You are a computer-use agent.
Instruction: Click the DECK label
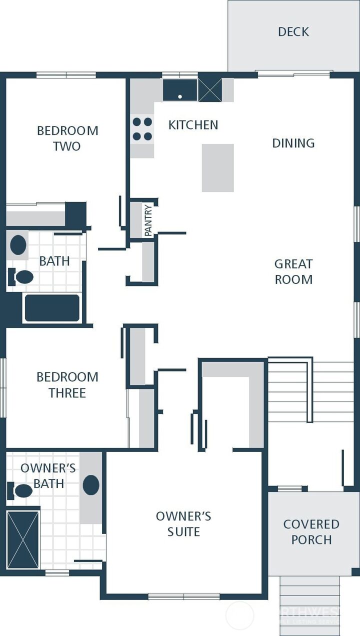(x=293, y=32)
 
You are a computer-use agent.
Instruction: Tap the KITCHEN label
(x=193, y=125)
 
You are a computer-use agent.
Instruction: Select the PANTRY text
(x=148, y=220)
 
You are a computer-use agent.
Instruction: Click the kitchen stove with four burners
(x=142, y=129)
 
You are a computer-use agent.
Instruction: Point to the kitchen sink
(x=180, y=90)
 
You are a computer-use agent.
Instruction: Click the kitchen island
(x=218, y=168)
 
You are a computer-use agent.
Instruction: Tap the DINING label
(x=293, y=143)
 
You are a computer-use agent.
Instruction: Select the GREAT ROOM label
(x=293, y=271)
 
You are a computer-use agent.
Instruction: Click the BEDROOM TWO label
(x=67, y=138)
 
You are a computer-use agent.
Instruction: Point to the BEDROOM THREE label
(x=67, y=385)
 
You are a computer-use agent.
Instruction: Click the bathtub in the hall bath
(x=52, y=308)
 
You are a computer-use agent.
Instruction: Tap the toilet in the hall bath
(x=21, y=276)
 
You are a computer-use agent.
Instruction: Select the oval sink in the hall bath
(x=18, y=245)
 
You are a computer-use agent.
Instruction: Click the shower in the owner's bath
(x=23, y=540)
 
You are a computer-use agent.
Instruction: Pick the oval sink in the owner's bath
(x=91, y=485)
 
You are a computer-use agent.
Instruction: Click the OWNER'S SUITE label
(x=183, y=524)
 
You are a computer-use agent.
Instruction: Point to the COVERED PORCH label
(x=311, y=532)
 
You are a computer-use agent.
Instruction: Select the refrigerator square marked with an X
(x=210, y=90)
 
